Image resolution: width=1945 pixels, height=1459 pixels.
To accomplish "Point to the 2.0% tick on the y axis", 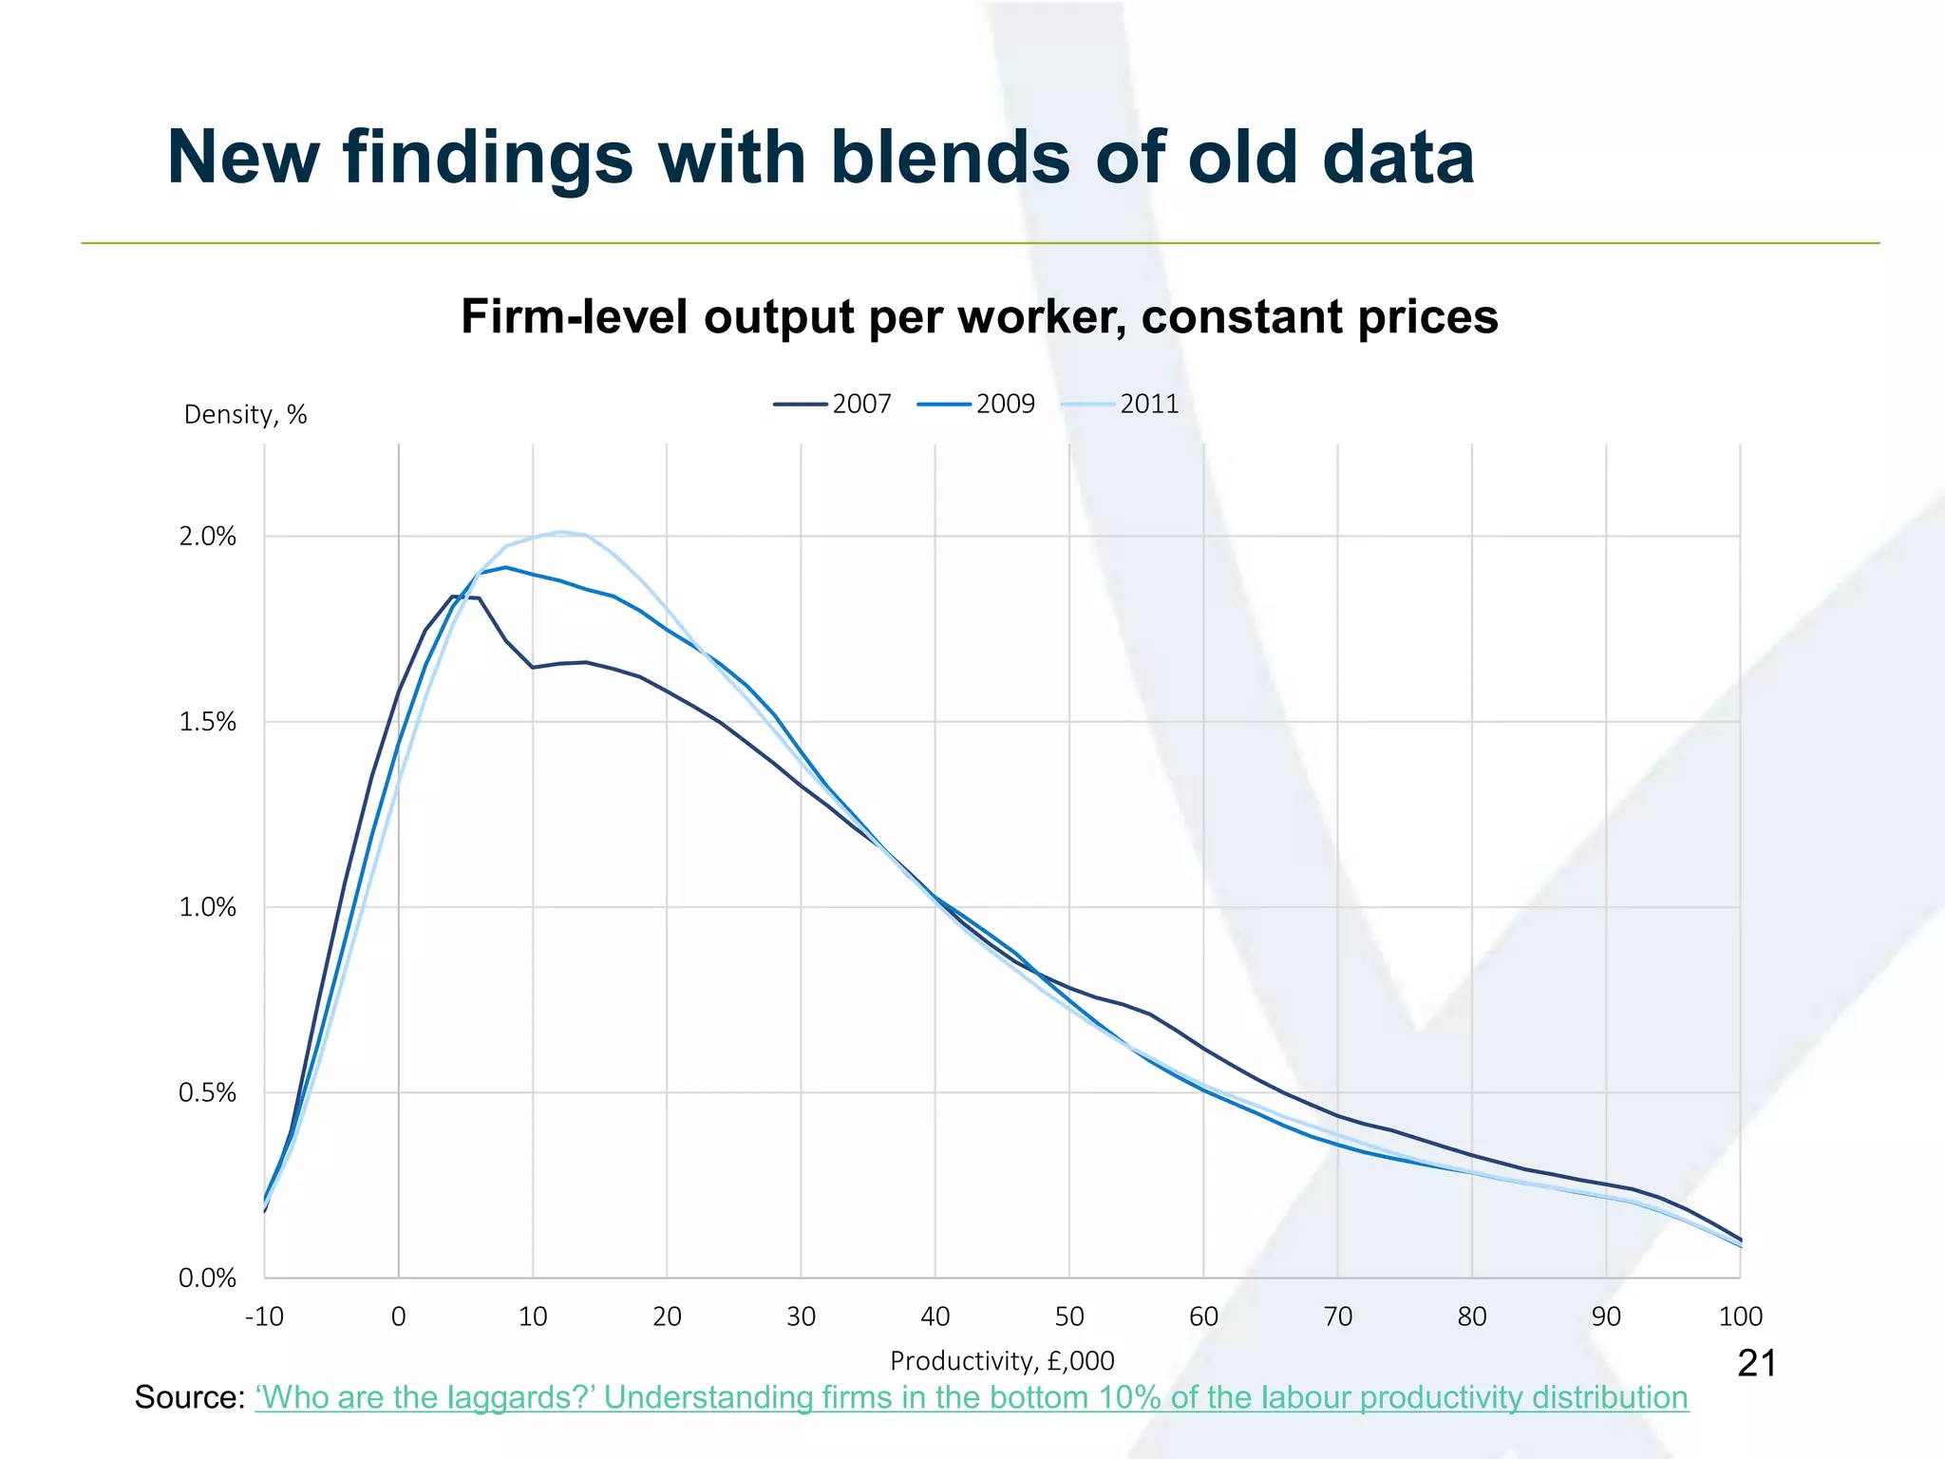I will click(207, 537).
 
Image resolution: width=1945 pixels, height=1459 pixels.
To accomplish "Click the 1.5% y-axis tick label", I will click(207, 722).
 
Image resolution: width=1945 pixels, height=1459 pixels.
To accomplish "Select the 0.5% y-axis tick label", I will click(207, 1092).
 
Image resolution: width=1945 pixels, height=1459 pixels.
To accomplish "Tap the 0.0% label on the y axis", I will click(207, 1278).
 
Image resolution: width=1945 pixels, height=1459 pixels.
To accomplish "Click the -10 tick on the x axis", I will click(264, 1317).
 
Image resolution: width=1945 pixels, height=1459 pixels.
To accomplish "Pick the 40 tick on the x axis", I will click(935, 1317).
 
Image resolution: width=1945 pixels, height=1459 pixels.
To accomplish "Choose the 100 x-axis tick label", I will click(1740, 1317).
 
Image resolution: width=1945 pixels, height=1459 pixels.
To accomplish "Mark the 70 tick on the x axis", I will click(1337, 1317).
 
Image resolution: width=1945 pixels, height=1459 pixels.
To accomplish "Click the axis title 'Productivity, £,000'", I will click(1002, 1361).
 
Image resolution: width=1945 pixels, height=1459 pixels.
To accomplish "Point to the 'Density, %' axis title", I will click(245, 415).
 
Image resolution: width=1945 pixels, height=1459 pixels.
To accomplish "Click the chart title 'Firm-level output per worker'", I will click(979, 316).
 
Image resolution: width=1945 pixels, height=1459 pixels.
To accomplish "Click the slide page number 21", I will click(1756, 1364).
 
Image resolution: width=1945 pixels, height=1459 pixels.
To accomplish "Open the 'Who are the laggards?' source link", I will click(972, 1398).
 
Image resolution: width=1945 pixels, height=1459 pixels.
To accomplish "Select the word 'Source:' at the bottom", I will click(190, 1398).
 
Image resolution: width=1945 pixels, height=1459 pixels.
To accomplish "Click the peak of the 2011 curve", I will click(561, 532).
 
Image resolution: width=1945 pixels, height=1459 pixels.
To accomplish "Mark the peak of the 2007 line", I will click(452, 597).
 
